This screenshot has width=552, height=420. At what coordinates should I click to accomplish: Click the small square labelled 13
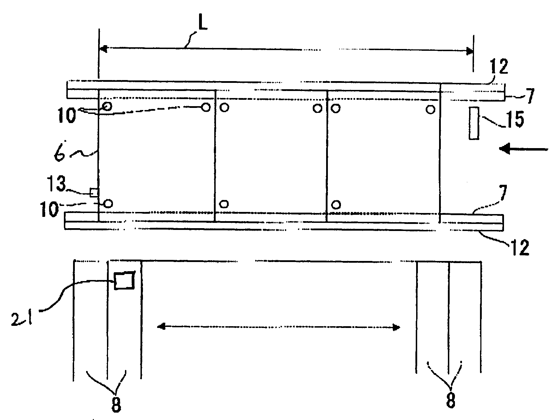pyautogui.click(x=94, y=192)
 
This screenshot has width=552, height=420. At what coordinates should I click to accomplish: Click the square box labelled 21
pyautogui.click(x=124, y=281)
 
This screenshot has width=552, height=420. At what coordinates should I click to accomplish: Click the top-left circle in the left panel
pyautogui.click(x=107, y=106)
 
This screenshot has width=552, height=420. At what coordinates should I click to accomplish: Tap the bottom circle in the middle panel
pyautogui.click(x=224, y=203)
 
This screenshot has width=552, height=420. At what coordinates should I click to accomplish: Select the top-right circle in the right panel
pyautogui.click(x=430, y=109)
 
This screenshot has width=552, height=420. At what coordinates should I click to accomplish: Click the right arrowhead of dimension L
pyautogui.click(x=470, y=51)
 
